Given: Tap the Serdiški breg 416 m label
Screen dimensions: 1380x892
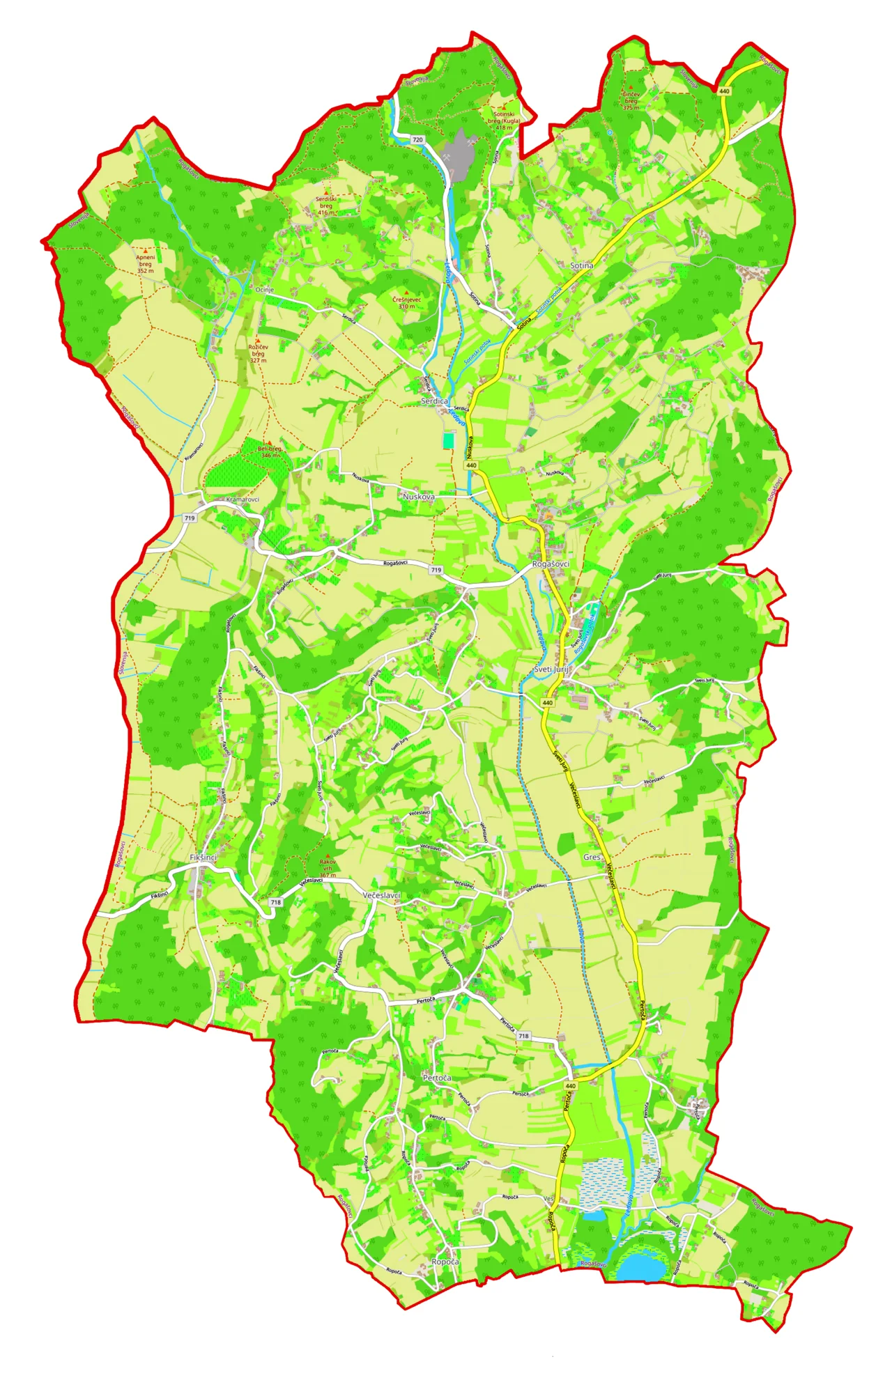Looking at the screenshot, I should (325, 206).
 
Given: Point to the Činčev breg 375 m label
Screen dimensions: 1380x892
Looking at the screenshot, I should (631, 101).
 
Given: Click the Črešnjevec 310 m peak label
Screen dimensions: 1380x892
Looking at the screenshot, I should (406, 302).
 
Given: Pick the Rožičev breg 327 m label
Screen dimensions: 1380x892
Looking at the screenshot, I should (258, 353).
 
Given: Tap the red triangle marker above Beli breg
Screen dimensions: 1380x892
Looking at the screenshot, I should (269, 442).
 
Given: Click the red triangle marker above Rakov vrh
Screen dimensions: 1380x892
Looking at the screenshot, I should (328, 855).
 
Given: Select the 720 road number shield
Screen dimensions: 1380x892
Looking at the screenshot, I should (417, 140).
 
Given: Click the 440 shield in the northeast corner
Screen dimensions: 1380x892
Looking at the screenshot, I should (724, 91).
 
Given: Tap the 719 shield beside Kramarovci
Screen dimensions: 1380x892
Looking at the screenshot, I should (190, 518).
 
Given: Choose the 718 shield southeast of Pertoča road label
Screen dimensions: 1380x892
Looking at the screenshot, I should (523, 1036).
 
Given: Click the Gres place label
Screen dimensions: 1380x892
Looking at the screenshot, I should (592, 857).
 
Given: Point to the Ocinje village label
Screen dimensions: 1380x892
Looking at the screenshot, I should (264, 290).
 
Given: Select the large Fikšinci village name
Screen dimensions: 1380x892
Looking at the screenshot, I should (203, 858).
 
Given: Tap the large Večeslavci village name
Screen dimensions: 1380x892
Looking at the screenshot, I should (381, 894).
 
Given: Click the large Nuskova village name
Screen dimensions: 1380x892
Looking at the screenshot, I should (419, 497).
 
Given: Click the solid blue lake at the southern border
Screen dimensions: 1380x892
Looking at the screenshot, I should (638, 1268).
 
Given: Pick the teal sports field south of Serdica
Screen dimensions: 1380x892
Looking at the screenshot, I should (448, 440).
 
